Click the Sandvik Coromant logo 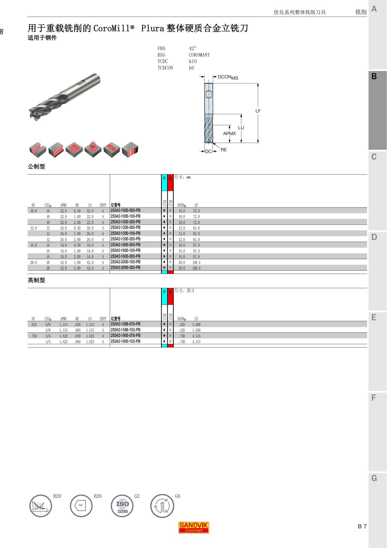click(193, 527)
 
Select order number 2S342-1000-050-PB click(125, 210)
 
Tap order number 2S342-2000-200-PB click(125, 268)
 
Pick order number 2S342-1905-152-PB click(125, 341)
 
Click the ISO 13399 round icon click(122, 506)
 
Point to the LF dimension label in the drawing click(258, 111)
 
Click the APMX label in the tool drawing click(229, 133)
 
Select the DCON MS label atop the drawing click(228, 77)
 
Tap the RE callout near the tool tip click(223, 150)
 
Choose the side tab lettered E click(374, 318)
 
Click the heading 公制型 click(36, 167)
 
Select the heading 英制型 click(36, 280)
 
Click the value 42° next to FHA click(193, 48)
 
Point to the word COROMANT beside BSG click(199, 55)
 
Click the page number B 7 click(362, 526)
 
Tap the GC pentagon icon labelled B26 click(81, 505)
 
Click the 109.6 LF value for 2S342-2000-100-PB click(196, 262)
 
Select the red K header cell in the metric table click(170, 182)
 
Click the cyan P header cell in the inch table click(164, 296)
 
